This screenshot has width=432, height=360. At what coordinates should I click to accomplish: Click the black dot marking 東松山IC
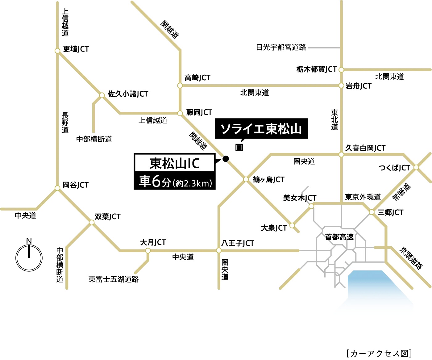point(226,159)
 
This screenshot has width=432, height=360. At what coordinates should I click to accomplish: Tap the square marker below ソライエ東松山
point(239,148)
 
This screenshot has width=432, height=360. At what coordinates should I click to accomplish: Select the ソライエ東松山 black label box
point(261,128)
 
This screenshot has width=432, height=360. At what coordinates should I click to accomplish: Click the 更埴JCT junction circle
point(57,51)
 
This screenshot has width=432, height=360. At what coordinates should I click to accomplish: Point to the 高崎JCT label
point(197,78)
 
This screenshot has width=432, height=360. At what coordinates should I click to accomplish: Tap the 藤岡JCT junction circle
point(180,113)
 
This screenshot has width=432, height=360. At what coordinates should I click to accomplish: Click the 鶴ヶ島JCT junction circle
point(246,179)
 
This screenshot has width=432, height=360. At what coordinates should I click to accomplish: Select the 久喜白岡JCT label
point(365,148)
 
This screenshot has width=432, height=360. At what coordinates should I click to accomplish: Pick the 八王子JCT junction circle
point(219,250)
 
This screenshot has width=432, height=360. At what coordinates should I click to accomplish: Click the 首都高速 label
point(339,237)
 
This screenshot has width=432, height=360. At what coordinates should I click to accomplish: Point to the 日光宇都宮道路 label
point(281,48)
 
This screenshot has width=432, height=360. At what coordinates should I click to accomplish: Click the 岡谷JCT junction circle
point(57,188)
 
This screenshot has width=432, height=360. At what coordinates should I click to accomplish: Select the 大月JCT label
point(153,242)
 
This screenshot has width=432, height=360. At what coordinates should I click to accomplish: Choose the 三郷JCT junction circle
point(372,212)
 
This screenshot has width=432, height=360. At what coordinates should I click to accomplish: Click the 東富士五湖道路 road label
point(114,279)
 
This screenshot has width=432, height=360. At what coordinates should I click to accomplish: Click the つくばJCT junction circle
point(416,167)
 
